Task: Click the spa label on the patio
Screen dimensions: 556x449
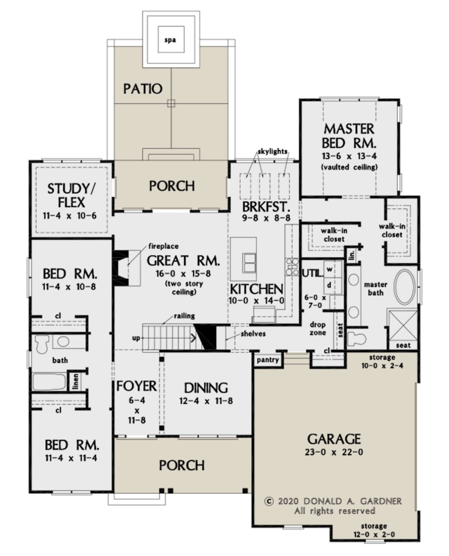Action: pyautogui.click(x=170, y=40)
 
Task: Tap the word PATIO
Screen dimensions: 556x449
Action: pyautogui.click(x=143, y=89)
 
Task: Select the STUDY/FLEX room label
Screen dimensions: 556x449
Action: pyautogui.click(x=71, y=196)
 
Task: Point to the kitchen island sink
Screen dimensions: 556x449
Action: pyautogui.click(x=249, y=263)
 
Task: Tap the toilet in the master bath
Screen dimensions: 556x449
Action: pyautogui.click(x=356, y=339)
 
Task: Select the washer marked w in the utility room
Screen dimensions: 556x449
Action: pyautogui.click(x=329, y=269)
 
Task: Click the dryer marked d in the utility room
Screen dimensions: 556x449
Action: pyautogui.click(x=329, y=285)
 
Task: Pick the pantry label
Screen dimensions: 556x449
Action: pyautogui.click(x=268, y=360)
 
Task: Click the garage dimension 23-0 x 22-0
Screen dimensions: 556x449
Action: pyautogui.click(x=334, y=452)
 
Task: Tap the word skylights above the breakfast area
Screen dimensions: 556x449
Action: pyautogui.click(x=272, y=152)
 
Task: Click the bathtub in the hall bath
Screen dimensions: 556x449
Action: pyautogui.click(x=49, y=382)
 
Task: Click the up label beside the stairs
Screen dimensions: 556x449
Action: pyautogui.click(x=136, y=338)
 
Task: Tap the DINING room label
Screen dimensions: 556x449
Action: pyautogui.click(x=206, y=388)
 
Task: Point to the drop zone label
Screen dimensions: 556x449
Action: pyautogui.click(x=317, y=329)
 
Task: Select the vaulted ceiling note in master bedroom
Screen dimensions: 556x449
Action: pyautogui.click(x=349, y=167)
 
